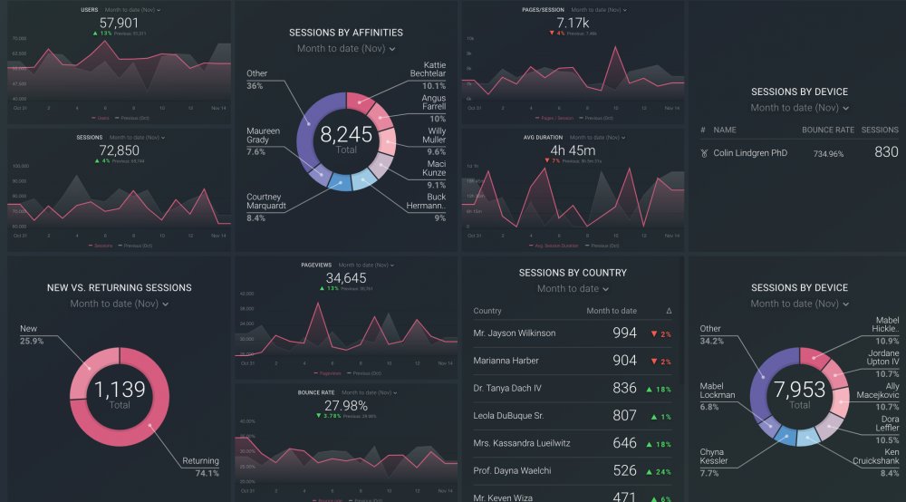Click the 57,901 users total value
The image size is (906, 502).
(119, 22)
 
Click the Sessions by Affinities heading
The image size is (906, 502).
(346, 33)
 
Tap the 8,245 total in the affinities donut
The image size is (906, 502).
(346, 136)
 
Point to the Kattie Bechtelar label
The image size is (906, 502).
(428, 70)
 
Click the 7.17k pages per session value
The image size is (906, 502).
(573, 23)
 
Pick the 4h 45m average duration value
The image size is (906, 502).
(573, 150)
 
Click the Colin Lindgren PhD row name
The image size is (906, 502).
(750, 153)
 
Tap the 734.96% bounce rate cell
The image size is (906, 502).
(828, 154)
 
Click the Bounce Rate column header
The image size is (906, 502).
(827, 130)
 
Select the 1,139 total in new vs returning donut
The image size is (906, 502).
(119, 391)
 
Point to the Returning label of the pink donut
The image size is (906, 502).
(200, 461)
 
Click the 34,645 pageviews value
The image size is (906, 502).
(346, 277)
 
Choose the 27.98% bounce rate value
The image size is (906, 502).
(346, 405)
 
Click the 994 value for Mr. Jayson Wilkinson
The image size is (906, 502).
(624, 333)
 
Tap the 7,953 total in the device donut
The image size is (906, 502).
(799, 391)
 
